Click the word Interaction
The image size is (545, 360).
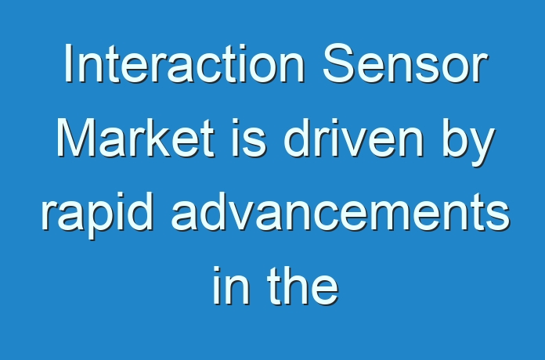[x=185, y=63]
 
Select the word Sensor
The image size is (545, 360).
[x=406, y=63]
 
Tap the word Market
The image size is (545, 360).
[x=135, y=138]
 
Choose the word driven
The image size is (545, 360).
[x=354, y=138]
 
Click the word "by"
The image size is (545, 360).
[x=468, y=142]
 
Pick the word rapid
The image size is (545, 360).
[x=97, y=215]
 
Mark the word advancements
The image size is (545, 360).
[x=341, y=211]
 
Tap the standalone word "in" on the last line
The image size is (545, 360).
[x=231, y=286]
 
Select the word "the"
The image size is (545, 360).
[x=303, y=286]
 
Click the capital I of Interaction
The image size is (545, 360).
[x=68, y=63]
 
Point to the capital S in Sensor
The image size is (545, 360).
[x=340, y=63]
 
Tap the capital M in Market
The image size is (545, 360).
[x=77, y=138]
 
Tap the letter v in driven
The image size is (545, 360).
[x=350, y=143]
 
